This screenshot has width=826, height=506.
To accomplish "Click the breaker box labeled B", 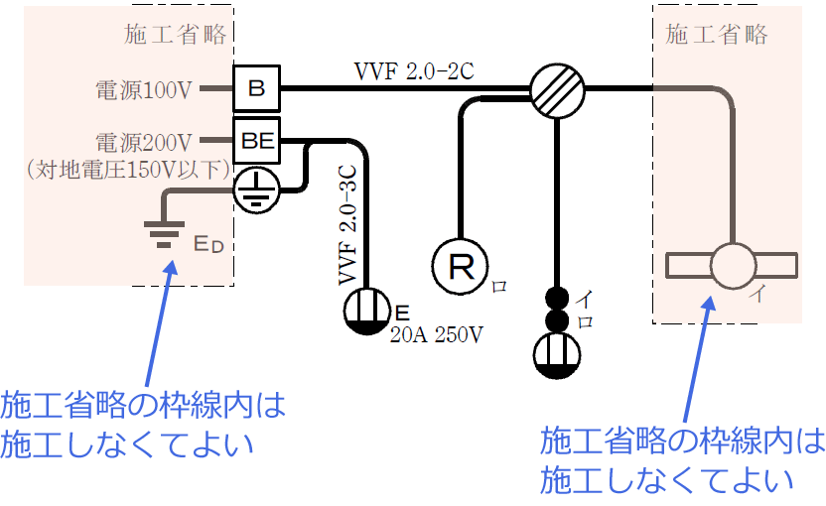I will (x=257, y=89).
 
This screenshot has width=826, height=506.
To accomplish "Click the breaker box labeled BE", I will (x=257, y=140).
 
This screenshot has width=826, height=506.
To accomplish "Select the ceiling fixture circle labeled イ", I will (x=732, y=266).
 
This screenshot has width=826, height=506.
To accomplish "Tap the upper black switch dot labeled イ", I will (x=557, y=298).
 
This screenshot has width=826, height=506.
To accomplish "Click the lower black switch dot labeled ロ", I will (x=557, y=320).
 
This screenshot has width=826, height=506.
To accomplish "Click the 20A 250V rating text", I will (x=438, y=333).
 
